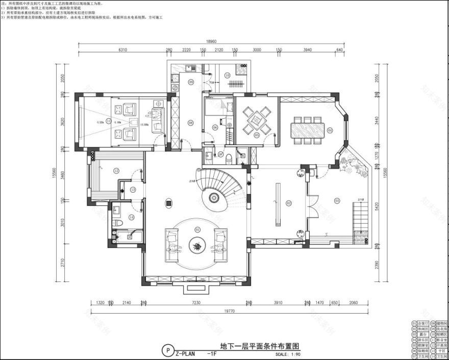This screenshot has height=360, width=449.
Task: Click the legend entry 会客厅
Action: (x=422, y=323)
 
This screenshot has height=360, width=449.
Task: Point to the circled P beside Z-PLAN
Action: (x=166, y=350)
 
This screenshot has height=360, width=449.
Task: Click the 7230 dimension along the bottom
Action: (x=195, y=302)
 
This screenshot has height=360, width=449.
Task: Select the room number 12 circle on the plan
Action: (x=116, y=170)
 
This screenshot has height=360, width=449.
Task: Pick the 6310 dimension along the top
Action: (x=122, y=50)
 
